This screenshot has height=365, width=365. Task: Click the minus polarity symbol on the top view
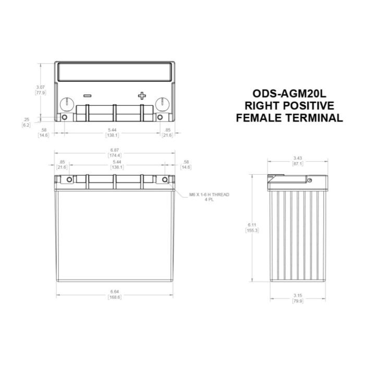(x=87, y=96)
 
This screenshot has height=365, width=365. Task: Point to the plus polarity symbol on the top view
(x=142, y=95)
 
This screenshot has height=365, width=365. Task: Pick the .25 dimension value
(x=27, y=119)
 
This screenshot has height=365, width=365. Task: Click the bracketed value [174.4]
(x=114, y=155)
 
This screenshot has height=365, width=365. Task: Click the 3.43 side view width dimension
(x=298, y=157)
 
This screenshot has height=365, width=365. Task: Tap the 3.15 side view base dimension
(x=298, y=296)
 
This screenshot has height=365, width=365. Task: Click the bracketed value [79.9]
(x=298, y=301)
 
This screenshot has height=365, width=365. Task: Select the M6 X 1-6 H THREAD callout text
(x=209, y=194)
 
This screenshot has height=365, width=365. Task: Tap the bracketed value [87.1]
(x=298, y=163)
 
